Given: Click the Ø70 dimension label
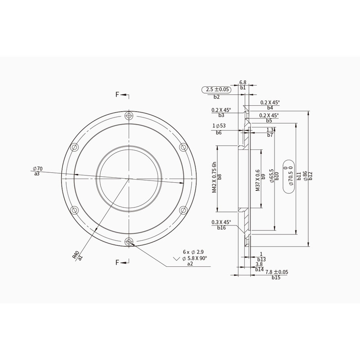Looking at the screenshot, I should pyautogui.click(x=37, y=169).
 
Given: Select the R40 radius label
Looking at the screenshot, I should pyautogui.click(x=75, y=255).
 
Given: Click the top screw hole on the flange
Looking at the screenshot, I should pyautogui.click(x=129, y=116).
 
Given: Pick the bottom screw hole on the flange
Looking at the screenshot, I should pyautogui.click(x=129, y=242).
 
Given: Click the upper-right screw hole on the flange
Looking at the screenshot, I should pyautogui.click(x=183, y=148).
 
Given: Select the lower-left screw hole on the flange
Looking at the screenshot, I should pyautogui.click(x=75, y=210).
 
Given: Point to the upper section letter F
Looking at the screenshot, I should pyautogui.click(x=117, y=94).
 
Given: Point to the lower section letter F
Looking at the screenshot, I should pyautogui.click(x=117, y=262).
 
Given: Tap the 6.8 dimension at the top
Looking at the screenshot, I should pyautogui.click(x=243, y=82).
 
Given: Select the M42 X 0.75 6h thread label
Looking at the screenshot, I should pyautogui.click(x=214, y=177).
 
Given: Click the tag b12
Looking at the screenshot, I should pyautogui.click(x=310, y=176).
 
